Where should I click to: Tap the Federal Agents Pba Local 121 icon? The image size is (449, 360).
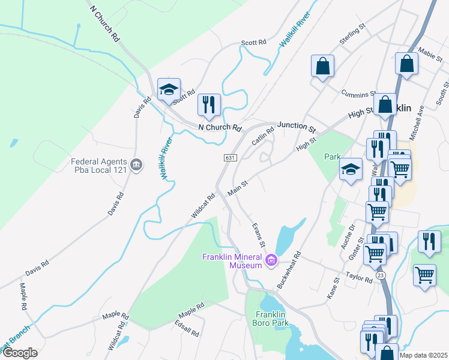click(x=136, y=164)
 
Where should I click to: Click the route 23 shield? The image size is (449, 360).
click(x=381, y=274)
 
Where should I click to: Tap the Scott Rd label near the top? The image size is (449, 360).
click(x=253, y=43)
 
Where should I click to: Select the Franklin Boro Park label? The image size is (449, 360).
click(x=272, y=319)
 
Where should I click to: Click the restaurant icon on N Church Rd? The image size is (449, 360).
click(x=209, y=105)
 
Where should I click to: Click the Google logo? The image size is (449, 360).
click(x=19, y=353)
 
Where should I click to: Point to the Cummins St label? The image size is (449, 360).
click(x=358, y=93)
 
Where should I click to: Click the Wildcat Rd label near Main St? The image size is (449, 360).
click(x=203, y=205)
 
